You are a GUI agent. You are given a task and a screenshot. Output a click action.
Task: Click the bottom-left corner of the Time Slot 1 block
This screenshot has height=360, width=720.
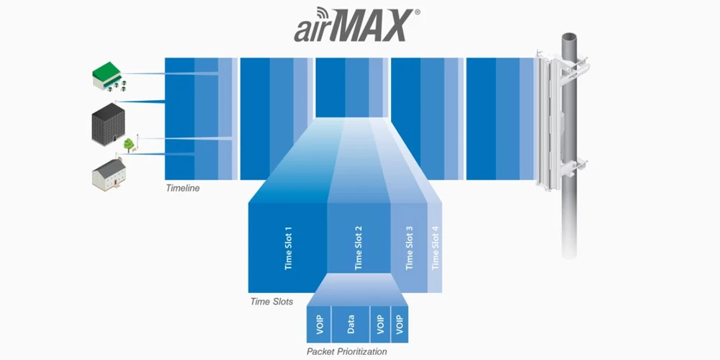(248, 292)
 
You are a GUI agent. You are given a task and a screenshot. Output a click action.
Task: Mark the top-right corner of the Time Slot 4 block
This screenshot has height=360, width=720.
(442, 202)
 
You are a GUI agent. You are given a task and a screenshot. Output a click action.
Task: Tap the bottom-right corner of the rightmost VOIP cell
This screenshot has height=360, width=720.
(408, 343)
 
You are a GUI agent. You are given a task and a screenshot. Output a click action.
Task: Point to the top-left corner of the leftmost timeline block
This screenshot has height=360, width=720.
(165, 58)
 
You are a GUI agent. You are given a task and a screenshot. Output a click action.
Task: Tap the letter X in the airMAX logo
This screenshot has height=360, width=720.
(395, 26)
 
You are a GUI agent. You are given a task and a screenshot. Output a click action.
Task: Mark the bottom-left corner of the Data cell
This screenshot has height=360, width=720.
(331, 343)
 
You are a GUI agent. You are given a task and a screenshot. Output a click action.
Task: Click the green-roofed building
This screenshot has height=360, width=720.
(109, 76)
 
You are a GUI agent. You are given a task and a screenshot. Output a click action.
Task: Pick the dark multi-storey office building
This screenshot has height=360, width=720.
(109, 125)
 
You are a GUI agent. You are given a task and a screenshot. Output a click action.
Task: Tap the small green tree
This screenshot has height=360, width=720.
(129, 145)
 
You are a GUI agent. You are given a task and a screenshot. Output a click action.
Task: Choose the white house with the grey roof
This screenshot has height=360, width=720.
(109, 174)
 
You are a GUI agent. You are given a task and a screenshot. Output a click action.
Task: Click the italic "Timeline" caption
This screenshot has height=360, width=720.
(183, 188)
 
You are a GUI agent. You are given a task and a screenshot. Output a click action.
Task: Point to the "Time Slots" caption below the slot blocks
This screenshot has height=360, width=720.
(272, 302)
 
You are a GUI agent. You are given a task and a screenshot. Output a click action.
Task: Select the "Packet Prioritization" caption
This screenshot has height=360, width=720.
(347, 352)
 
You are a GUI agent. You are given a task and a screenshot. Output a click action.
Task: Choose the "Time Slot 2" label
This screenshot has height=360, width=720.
(359, 247)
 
